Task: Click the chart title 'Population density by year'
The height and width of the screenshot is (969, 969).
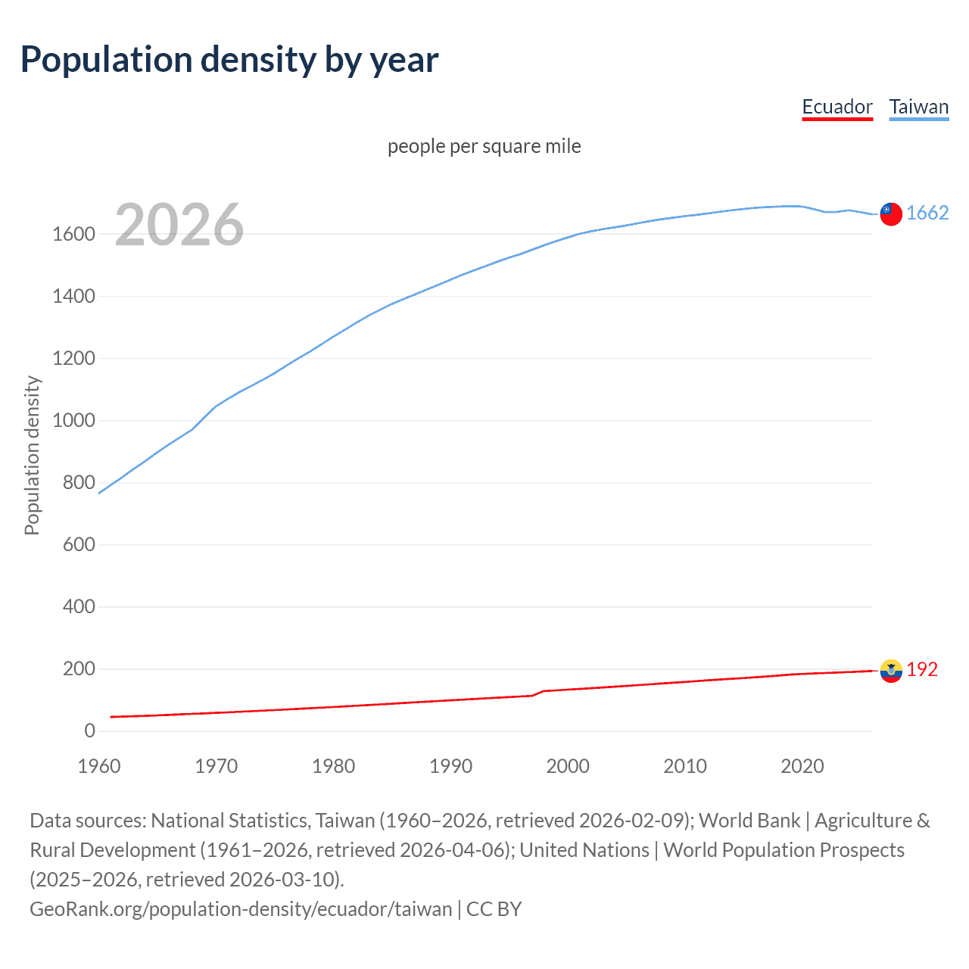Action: (229, 60)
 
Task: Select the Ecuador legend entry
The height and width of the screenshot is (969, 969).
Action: (837, 107)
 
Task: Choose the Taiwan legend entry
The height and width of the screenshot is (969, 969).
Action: (919, 107)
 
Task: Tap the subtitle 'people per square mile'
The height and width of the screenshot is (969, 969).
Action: (484, 146)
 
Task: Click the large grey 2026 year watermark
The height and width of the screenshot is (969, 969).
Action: (179, 225)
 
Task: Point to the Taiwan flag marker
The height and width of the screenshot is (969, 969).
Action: (891, 214)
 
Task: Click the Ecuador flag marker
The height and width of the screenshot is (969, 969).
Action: (891, 671)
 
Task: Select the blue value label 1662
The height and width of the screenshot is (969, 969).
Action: (927, 213)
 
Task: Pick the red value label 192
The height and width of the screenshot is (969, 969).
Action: (922, 669)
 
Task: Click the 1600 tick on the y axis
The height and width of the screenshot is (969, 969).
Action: (73, 234)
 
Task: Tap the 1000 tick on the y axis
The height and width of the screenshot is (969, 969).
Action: (73, 420)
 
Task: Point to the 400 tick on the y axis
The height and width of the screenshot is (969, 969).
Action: (79, 606)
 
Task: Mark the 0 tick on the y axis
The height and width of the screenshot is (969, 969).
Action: (89, 731)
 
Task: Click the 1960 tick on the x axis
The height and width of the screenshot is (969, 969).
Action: (99, 766)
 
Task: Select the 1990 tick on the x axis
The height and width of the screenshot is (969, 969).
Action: (450, 766)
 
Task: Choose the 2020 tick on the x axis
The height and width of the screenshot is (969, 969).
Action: (802, 766)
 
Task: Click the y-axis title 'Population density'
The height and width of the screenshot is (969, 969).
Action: (32, 456)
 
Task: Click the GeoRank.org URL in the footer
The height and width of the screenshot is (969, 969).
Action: (241, 908)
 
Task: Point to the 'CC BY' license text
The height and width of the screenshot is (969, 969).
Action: (494, 908)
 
